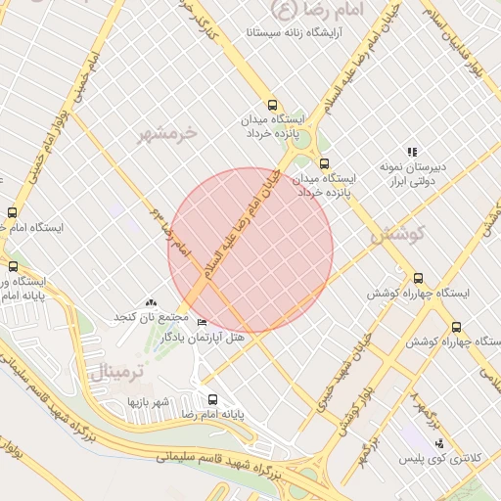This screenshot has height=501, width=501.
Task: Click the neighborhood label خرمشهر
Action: coord(167,132)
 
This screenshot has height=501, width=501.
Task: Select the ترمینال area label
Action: coord(116,373)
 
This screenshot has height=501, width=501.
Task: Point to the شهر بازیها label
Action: coord(148,402)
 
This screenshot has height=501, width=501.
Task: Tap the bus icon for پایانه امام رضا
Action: coord(213,398)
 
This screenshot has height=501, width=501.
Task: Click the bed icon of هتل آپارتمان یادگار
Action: coord(203,322)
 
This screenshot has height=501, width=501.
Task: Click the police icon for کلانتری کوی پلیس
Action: coord(436,443)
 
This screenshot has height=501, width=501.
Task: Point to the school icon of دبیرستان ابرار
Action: coord(412,152)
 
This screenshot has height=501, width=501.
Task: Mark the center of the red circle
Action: coord(250,250)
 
